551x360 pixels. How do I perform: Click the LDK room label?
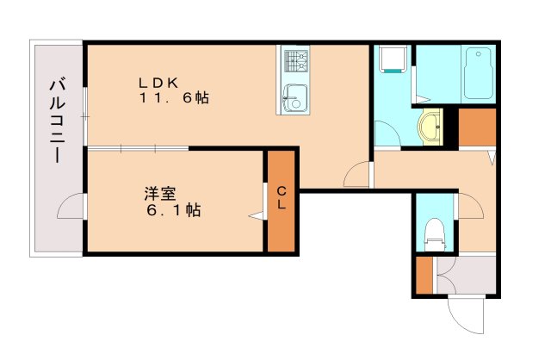[158, 83]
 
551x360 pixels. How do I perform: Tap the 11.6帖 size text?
[174, 97]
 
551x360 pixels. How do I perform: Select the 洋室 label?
[160, 194]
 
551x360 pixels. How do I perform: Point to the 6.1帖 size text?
[174, 210]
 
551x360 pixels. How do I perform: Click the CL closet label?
[282, 198]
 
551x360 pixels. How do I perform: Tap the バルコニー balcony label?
[58, 121]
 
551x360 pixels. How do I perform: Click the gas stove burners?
[296, 61]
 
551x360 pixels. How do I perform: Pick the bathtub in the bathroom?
[478, 73]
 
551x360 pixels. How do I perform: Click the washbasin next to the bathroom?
[430, 127]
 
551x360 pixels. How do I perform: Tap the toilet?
[434, 234]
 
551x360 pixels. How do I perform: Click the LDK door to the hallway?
[356, 174]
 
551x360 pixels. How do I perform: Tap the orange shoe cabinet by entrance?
[424, 276]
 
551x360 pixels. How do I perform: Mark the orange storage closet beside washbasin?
[477, 127]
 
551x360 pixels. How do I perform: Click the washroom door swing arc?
[387, 133]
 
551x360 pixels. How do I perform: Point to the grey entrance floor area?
[466, 275]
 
